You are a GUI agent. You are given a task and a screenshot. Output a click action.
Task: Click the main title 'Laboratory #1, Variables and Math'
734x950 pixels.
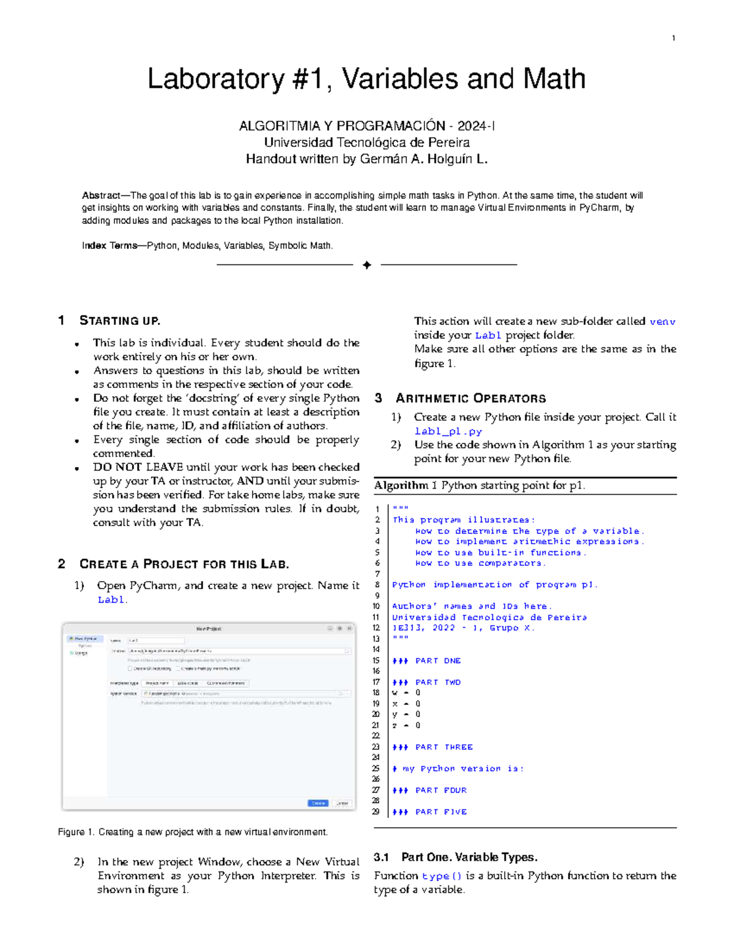click(x=366, y=80)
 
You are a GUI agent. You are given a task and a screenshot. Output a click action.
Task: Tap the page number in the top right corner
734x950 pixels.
click(x=673, y=39)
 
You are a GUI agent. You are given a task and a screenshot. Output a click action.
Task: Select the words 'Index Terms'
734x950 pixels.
click(x=109, y=246)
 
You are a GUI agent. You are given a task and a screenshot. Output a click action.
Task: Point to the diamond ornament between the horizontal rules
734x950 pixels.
click(x=367, y=265)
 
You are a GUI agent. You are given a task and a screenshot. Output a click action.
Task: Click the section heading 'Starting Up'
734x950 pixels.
click(x=120, y=321)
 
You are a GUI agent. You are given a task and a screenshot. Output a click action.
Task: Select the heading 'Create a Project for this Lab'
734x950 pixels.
click(x=184, y=564)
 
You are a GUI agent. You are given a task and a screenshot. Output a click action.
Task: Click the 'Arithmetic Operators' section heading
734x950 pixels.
click(x=470, y=398)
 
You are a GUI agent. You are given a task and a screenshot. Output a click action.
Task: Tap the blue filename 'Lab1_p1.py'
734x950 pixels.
click(x=448, y=431)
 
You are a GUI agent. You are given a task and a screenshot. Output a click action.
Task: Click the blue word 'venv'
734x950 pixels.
click(x=662, y=322)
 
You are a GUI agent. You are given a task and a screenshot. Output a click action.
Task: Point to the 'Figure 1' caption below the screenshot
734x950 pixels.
click(x=193, y=832)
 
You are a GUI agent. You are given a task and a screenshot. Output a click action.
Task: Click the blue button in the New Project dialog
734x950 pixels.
click(x=318, y=803)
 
